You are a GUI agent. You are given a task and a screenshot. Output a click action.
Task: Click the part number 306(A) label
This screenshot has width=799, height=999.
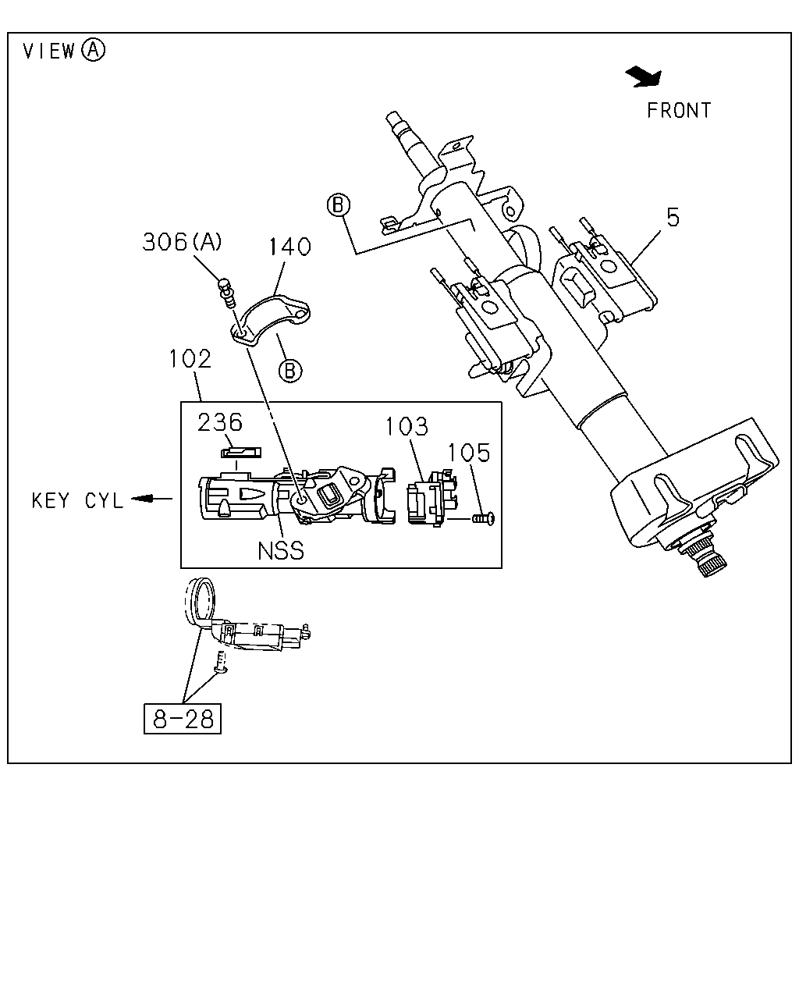point(182,242)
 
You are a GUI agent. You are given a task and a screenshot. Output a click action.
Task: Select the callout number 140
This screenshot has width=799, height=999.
point(290,247)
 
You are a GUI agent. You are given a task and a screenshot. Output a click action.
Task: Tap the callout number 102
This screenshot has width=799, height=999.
point(190,359)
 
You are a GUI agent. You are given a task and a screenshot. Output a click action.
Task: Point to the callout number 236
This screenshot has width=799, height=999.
point(219,422)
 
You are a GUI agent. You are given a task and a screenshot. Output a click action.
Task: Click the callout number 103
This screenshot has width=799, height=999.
point(407,426)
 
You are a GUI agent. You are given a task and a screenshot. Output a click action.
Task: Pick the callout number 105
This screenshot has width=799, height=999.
point(469,453)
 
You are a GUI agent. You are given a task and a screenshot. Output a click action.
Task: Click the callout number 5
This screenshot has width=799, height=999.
point(673,217)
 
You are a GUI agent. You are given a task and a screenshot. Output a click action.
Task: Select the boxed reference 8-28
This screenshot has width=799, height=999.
point(183,719)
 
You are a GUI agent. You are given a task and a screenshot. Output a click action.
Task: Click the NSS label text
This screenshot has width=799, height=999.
point(281,551)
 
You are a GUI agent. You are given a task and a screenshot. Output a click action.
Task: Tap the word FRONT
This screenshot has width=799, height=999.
point(679,111)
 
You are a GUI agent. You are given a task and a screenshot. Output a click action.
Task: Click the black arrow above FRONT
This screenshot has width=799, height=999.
point(643,76)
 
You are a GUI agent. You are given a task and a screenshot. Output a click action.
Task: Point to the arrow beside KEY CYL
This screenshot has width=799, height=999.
point(152,499)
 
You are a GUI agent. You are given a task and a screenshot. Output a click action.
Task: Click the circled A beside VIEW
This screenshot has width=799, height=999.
point(94,50)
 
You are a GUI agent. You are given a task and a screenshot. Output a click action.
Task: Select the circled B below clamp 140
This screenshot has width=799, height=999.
point(290,371)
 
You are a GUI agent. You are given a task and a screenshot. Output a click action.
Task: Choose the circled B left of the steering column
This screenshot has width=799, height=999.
point(339,204)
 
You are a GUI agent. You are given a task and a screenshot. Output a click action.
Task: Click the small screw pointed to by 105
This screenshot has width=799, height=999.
point(484,518)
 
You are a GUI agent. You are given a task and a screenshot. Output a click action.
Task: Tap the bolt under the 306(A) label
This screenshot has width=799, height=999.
point(227,293)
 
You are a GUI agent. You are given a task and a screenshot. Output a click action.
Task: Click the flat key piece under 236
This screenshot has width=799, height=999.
point(241,453)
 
